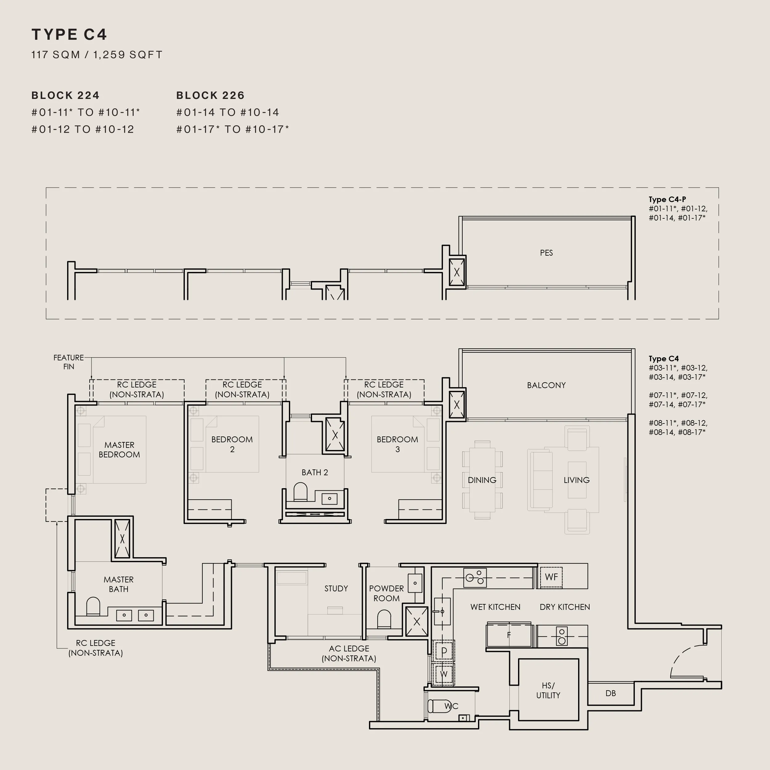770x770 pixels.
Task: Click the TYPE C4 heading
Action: pyautogui.click(x=69, y=35)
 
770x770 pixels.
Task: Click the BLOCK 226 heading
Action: pyautogui.click(x=210, y=96)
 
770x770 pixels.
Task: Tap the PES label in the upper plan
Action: pyautogui.click(x=546, y=253)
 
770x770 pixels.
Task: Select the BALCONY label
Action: pyautogui.click(x=546, y=385)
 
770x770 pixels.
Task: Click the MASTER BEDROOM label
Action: pyautogui.click(x=119, y=450)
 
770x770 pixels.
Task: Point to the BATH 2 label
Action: pyautogui.click(x=315, y=472)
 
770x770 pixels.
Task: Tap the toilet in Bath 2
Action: pyautogui.click(x=301, y=492)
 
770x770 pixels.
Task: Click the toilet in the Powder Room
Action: pyautogui.click(x=384, y=619)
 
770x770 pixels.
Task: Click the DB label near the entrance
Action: pyautogui.click(x=610, y=693)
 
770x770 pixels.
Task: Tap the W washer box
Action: pyautogui.click(x=444, y=674)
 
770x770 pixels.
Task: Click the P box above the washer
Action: pyautogui.click(x=444, y=652)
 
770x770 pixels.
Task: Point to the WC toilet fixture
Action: pyautogui.click(x=443, y=706)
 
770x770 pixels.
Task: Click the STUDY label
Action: pyautogui.click(x=336, y=588)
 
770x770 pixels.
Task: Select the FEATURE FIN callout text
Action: pyautogui.click(x=69, y=362)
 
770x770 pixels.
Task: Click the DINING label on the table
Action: pyautogui.click(x=482, y=480)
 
